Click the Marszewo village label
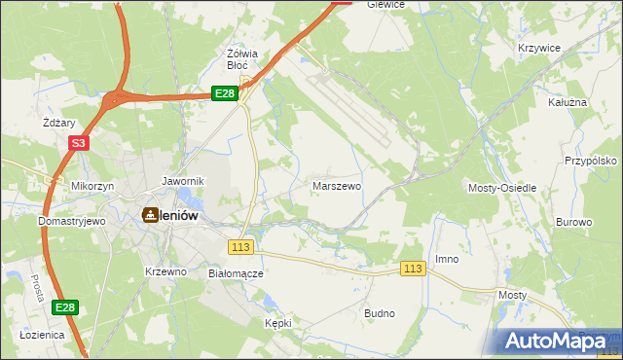[x=337, y=185]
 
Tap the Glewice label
[x=385, y=5]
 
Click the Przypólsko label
[x=592, y=161]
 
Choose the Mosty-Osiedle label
[x=502, y=187]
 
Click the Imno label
[x=447, y=259]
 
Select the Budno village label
[x=379, y=313]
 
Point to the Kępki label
[x=278, y=322]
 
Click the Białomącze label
[x=237, y=273]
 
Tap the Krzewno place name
[x=165, y=271]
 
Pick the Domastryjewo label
[x=71, y=221]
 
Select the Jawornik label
[x=182, y=181]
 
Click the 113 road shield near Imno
[x=414, y=269]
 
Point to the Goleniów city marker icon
[x=151, y=214]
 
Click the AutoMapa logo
[x=558, y=341]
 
